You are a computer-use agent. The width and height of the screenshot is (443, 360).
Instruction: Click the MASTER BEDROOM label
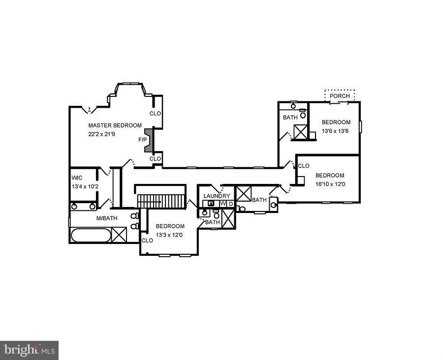point(115,125)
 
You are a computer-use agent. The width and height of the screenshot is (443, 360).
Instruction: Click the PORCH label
point(340,96)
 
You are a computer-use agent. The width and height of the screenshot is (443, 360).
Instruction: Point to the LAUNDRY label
point(217,196)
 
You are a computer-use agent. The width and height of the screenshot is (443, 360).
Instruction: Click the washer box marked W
point(222,203)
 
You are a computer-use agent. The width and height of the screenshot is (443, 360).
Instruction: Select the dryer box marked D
point(230,203)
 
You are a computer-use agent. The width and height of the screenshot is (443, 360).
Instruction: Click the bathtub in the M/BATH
point(91,235)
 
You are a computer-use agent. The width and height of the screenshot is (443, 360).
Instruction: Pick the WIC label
point(77,178)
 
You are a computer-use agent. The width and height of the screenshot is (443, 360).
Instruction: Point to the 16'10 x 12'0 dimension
point(330,184)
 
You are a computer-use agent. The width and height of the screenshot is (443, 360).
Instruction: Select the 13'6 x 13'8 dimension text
point(336,131)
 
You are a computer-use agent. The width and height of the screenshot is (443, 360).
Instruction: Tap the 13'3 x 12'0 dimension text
point(169,235)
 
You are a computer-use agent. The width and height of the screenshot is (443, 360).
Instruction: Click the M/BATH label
point(106,218)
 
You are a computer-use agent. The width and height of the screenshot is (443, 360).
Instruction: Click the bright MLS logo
point(29,350)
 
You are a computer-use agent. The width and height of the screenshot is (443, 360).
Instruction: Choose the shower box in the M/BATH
point(119,235)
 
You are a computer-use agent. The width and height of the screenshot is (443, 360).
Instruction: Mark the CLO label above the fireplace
point(155,114)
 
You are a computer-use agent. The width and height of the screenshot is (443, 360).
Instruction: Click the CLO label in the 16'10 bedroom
point(304,166)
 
